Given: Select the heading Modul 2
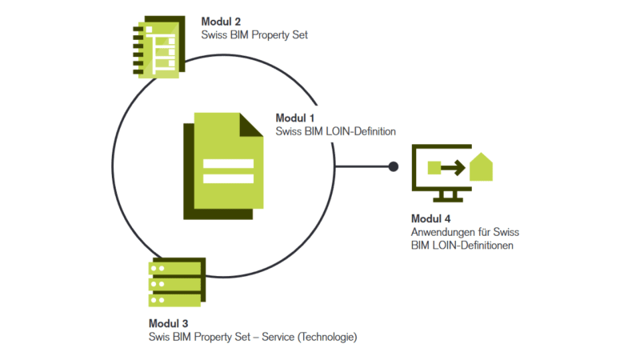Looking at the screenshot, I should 220,21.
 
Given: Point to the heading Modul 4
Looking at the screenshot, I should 431,218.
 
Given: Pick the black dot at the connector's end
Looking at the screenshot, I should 393,166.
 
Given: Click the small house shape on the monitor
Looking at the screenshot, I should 480,167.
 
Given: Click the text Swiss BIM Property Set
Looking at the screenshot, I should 254,35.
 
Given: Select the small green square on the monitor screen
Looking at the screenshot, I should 435,167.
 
